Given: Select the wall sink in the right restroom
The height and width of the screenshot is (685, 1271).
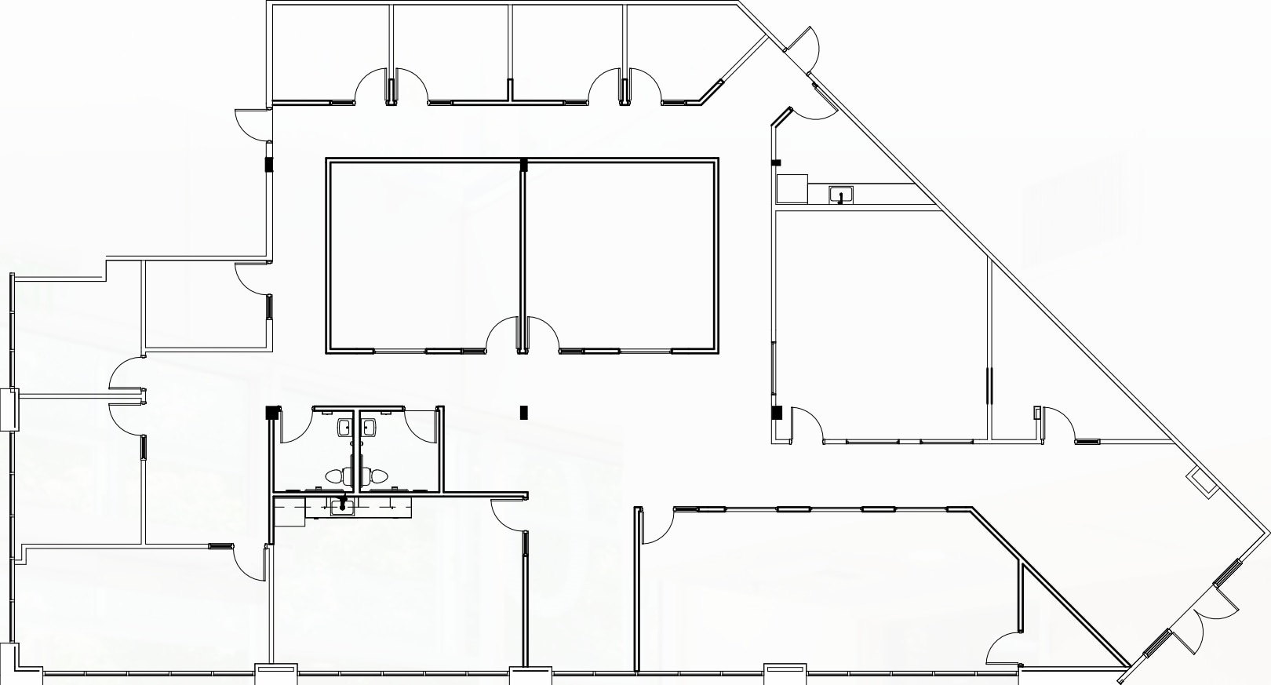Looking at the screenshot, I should coord(369,428).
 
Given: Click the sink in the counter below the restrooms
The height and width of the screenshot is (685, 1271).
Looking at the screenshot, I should coord(343,508).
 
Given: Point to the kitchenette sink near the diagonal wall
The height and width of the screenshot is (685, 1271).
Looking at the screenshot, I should coord(841,194).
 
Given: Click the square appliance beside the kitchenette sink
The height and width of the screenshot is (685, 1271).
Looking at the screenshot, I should coord(792,189).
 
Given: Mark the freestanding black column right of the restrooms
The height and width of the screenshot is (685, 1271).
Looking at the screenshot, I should coord(524,412).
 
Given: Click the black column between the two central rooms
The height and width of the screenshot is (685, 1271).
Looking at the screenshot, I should coord(523,165).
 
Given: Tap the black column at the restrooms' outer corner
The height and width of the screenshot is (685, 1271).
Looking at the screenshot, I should coord(272,412).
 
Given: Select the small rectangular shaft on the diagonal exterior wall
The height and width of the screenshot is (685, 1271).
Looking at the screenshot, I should coord(1202,480).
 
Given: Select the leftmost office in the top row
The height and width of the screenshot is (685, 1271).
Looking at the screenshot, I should coord(330,51).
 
